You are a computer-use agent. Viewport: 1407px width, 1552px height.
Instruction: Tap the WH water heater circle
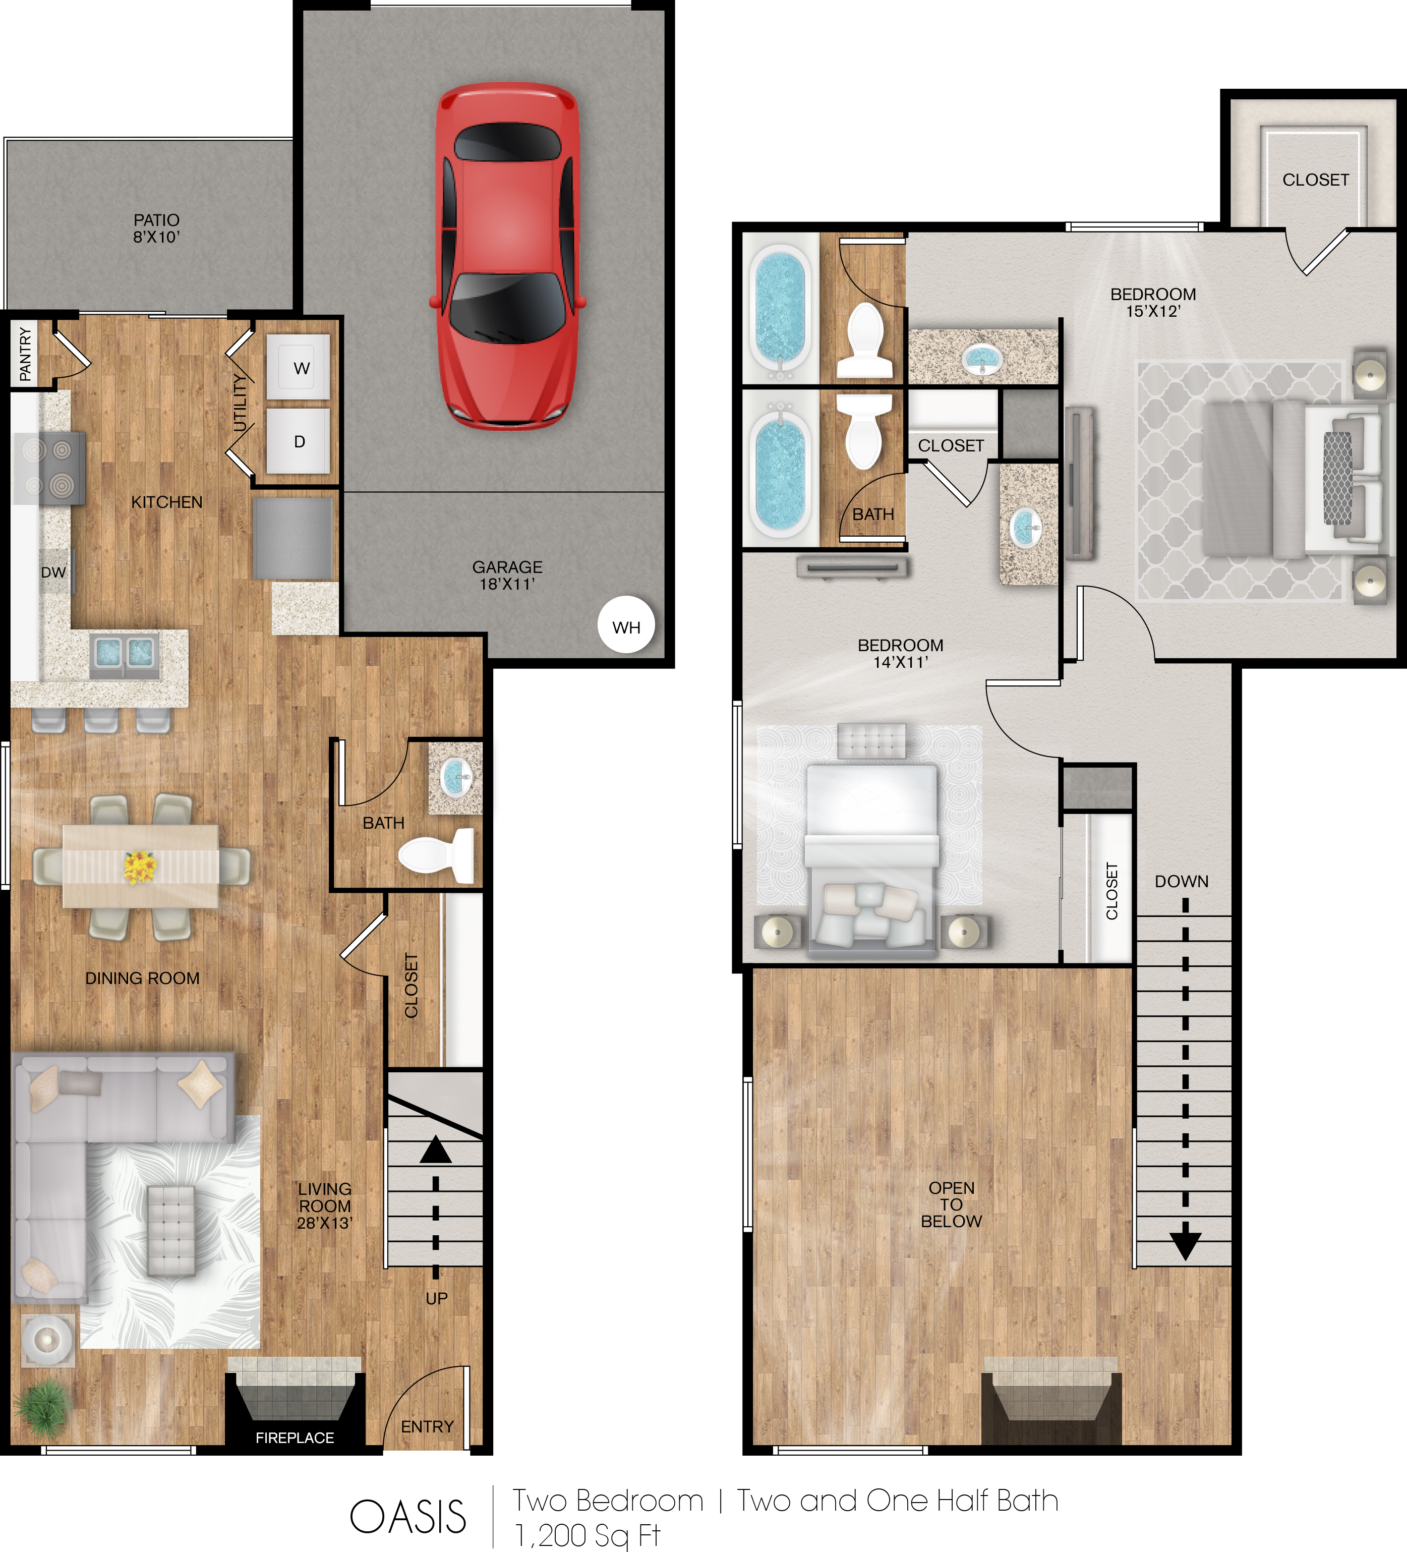[626, 624]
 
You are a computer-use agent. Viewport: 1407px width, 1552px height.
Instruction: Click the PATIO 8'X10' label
[156, 228]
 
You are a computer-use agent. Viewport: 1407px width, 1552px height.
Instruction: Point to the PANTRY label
[25, 354]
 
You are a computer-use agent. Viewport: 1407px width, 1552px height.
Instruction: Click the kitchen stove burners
[48, 467]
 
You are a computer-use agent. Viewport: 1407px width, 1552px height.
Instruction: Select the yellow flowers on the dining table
[140, 867]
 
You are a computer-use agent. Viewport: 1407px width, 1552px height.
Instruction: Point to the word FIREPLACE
[295, 1438]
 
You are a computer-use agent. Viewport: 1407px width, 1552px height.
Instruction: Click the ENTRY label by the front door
[427, 1426]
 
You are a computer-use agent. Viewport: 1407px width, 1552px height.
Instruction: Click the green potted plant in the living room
[44, 1407]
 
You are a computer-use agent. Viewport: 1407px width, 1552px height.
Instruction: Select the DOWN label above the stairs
[1182, 882]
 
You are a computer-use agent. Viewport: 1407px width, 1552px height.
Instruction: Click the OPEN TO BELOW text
[951, 1204]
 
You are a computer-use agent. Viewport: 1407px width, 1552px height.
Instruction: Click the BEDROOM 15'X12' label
[1153, 303]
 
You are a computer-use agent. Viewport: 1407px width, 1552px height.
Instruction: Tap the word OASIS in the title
[408, 1517]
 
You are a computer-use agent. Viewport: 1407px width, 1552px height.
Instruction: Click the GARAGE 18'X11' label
[507, 575]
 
